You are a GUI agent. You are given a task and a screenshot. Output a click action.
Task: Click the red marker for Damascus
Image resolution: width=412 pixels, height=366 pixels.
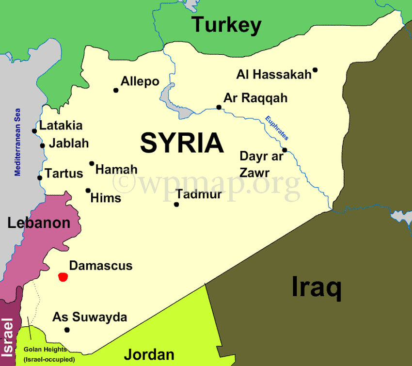[63, 277]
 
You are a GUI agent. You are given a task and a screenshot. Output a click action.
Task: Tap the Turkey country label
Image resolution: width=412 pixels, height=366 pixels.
[226, 24]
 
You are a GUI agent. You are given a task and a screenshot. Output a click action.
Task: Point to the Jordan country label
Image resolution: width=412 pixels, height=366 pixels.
[149, 354]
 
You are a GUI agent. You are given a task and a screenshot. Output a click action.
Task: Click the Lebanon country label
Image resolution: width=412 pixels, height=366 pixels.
[39, 223]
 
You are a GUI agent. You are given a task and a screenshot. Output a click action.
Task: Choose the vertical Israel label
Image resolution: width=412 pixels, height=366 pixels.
[8, 336]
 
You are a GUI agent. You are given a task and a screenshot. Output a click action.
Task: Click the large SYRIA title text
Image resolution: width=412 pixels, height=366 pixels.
[182, 143]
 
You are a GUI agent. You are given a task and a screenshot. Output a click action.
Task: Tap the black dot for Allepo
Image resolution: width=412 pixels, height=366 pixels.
[116, 90]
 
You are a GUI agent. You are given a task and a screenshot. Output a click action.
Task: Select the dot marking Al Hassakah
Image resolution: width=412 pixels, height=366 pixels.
[315, 70]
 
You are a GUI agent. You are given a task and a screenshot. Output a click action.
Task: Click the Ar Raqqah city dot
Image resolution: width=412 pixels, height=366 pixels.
[219, 107]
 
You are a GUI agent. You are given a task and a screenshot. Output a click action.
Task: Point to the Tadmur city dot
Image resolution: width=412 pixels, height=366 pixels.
[176, 205]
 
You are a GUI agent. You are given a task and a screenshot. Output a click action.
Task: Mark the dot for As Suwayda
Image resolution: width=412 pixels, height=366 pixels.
[67, 330]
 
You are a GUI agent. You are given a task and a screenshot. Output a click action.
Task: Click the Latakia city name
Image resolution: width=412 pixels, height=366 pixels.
[61, 126]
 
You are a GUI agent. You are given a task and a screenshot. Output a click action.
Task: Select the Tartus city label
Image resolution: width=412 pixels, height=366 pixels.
[64, 173]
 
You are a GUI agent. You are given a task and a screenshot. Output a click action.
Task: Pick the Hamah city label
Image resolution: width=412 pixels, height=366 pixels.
[116, 170]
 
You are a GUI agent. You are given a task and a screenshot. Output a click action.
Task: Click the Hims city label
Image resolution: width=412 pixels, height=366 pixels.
[106, 198]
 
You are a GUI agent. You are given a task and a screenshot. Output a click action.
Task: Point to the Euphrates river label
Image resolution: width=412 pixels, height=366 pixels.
[276, 128]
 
